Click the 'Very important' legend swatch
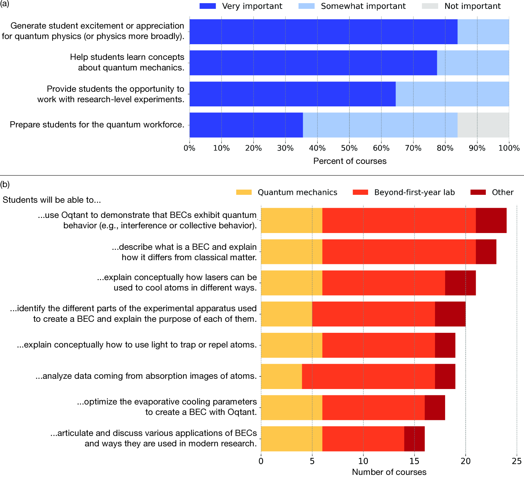(x=208, y=6)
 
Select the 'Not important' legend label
(x=472, y=6)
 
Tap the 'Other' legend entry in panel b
(x=503, y=192)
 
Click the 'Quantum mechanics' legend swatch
(x=244, y=192)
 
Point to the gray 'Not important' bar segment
(x=483, y=125)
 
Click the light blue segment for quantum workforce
(x=380, y=125)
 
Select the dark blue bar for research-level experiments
(x=292, y=94)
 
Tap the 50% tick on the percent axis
(x=349, y=148)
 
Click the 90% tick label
(x=477, y=148)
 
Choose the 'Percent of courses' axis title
(x=350, y=161)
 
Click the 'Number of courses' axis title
(x=389, y=472)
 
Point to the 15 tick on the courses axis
(x=415, y=461)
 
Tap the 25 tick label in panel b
(x=516, y=461)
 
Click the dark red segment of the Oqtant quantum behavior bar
(x=491, y=220)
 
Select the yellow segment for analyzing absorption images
(x=281, y=376)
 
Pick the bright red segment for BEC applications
(x=363, y=439)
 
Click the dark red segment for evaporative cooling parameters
(x=435, y=408)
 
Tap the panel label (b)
(x=5, y=184)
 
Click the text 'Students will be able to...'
(x=52, y=200)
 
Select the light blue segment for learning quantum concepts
(x=473, y=63)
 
